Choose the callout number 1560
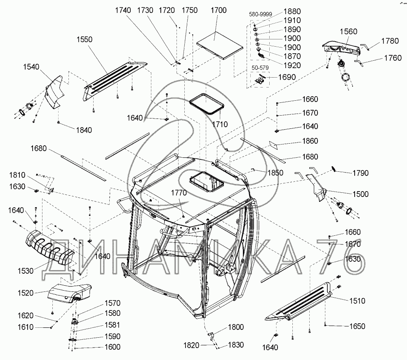(x=349, y=32)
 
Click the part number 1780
(x=390, y=41)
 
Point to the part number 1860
(x=310, y=141)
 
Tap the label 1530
(x=26, y=271)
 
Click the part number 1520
(x=26, y=293)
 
